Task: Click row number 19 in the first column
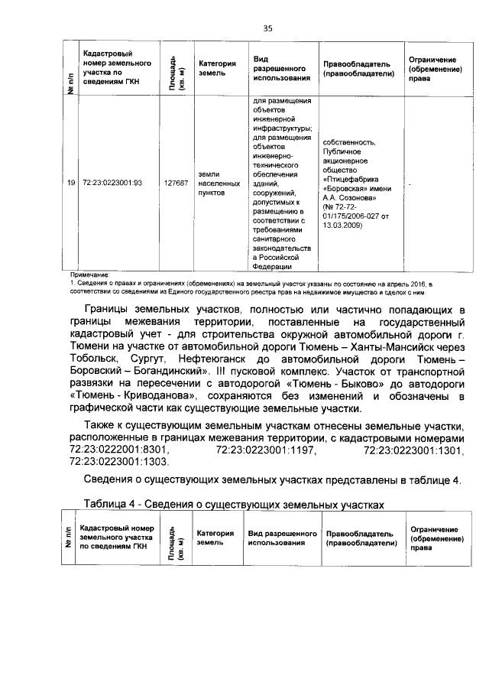pos(70,183)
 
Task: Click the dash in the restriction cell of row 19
pos(410,184)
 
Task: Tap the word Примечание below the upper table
pos(90,274)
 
